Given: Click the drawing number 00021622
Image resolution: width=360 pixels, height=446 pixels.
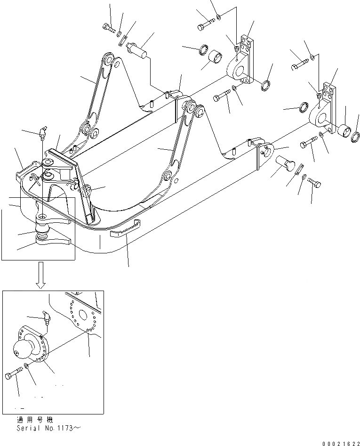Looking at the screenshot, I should click(341, 443).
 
